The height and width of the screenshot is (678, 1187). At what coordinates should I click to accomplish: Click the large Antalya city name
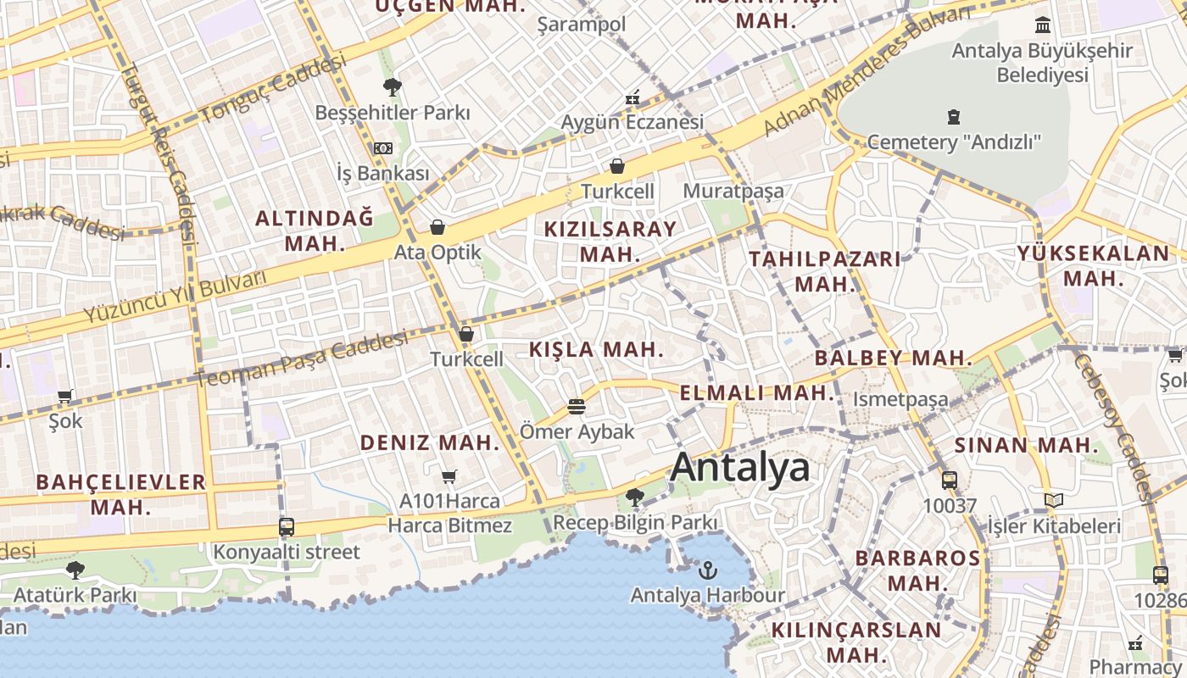(739, 468)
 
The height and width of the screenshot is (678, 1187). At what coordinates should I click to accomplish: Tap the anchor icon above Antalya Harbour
(708, 570)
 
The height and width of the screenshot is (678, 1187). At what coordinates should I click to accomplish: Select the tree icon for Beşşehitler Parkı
(392, 86)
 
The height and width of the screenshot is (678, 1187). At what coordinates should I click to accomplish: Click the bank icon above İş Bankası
(383, 148)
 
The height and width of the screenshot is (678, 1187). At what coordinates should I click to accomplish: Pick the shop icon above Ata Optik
(437, 227)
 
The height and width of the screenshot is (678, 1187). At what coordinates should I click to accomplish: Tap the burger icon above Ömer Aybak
(577, 407)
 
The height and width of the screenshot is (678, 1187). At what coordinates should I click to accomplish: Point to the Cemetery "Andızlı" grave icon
(954, 116)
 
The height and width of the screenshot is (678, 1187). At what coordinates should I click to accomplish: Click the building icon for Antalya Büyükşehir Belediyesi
(1043, 25)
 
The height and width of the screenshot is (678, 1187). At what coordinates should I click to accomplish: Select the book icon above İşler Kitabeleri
(1054, 501)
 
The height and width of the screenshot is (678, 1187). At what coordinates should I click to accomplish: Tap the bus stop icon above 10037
(950, 481)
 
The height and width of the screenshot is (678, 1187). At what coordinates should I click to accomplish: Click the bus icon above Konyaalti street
(287, 527)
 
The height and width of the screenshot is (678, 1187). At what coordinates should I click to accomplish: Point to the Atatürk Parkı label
(75, 595)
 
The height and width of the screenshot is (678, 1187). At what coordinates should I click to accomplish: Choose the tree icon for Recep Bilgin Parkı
(634, 497)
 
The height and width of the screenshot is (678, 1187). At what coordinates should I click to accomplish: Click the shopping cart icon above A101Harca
(449, 476)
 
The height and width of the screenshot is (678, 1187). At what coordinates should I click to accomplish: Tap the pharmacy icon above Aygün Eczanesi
(633, 97)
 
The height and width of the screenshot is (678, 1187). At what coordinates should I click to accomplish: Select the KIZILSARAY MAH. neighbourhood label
(610, 241)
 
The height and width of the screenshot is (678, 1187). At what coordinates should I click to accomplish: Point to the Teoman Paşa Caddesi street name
(302, 359)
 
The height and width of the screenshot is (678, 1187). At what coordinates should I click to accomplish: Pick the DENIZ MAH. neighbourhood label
(430, 442)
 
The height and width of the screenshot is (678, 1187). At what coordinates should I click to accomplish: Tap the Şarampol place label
(582, 24)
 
